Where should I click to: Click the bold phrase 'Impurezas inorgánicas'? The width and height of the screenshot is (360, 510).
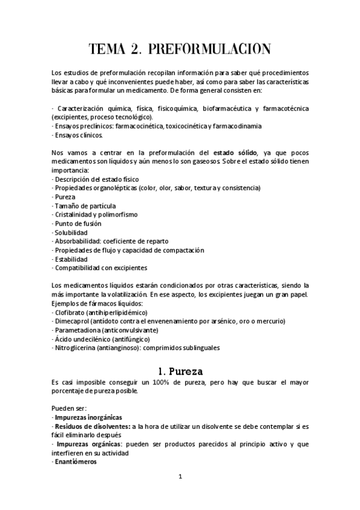tap(88, 417)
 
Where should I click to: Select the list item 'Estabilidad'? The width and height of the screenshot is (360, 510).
tap(71, 259)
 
